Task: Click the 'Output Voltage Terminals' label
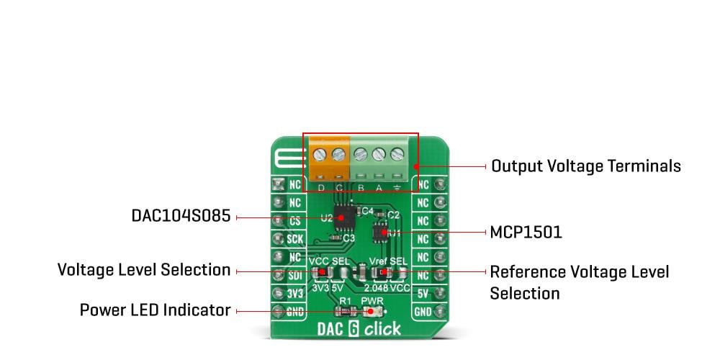(x=585, y=166)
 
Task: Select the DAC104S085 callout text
(x=181, y=216)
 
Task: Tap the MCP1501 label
(x=526, y=233)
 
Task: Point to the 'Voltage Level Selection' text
(x=144, y=270)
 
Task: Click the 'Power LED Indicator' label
(x=155, y=310)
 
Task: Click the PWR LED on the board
(x=372, y=312)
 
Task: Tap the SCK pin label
(x=294, y=238)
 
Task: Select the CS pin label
(x=294, y=220)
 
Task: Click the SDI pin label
(x=294, y=275)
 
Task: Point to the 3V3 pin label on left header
(x=294, y=293)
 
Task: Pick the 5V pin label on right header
(x=423, y=293)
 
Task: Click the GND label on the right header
(x=423, y=312)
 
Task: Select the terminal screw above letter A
(x=378, y=153)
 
